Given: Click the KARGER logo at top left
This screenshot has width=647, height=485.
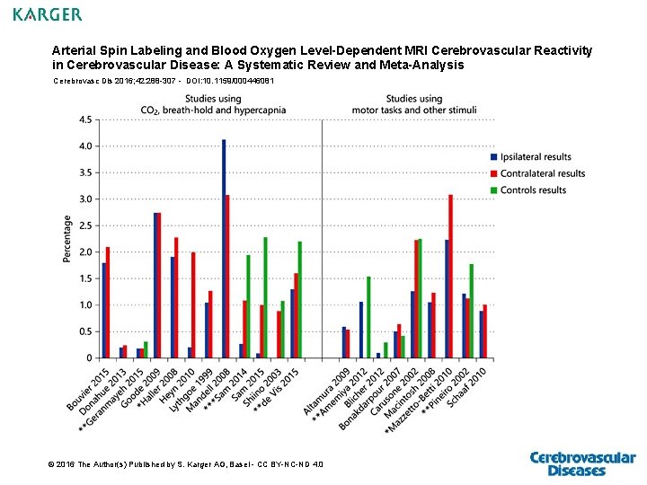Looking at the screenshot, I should (x=48, y=14).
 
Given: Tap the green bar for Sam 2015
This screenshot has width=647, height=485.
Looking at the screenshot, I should (x=265, y=297).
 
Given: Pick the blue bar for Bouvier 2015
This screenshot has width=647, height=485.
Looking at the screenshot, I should (x=103, y=310).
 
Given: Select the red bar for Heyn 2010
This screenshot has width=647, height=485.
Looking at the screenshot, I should (x=193, y=304).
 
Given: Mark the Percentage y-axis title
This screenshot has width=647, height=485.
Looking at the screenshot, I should (x=67, y=238).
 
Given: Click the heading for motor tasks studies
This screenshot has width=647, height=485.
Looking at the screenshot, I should (x=413, y=104).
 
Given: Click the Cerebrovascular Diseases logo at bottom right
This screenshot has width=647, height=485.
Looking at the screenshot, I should (x=582, y=463).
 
